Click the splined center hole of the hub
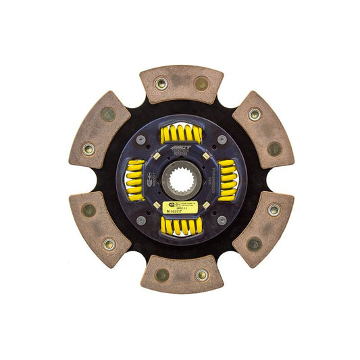coord(181,179)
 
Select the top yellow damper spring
coord(181,134)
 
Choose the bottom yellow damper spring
coord(180,226)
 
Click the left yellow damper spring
coord(135,180)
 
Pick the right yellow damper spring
coord(226,180)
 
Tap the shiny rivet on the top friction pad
coord(161,83)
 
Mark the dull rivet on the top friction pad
coord(201,84)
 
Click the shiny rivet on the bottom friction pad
coord(201,275)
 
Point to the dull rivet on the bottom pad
coord(161,275)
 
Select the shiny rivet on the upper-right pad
coord(255,115)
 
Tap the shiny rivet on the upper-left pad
coord(88,148)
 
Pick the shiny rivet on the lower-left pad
coord(108,244)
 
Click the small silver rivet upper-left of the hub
coord(140,140)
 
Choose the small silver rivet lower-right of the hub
coord(222,220)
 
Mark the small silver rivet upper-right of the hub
coord(222,139)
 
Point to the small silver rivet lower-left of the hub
coord(140,220)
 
